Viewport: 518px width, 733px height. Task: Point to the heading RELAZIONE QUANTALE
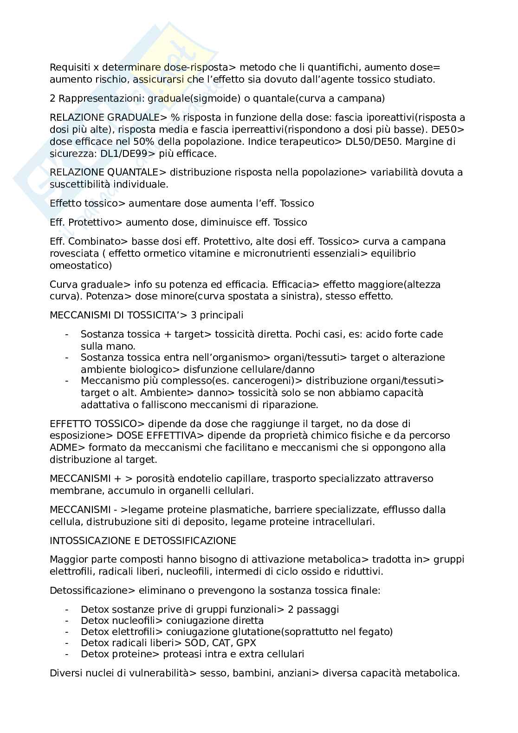[x=104, y=172]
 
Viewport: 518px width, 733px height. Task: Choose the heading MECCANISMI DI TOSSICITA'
[x=112, y=315]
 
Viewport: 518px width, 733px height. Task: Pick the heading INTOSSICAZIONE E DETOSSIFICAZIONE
[x=143, y=541]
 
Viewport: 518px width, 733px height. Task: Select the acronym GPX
[x=246, y=643]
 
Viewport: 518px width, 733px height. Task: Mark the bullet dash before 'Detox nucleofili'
[x=67, y=621]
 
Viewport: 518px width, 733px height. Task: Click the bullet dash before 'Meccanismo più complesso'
[x=67, y=381]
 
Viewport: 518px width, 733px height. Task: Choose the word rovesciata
[x=74, y=253]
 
